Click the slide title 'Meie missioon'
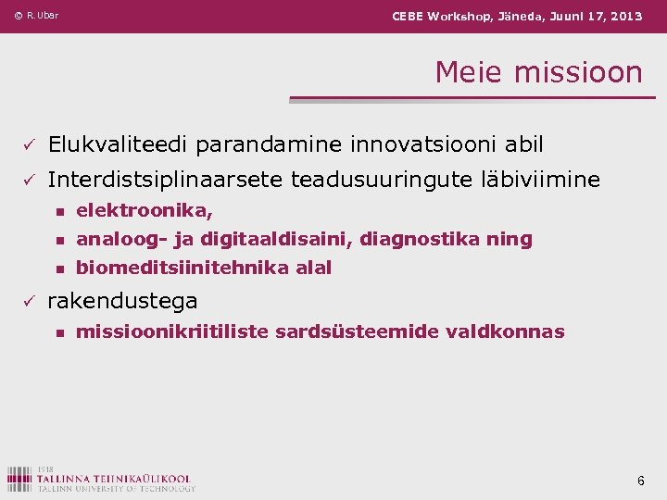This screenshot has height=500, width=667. [x=538, y=72]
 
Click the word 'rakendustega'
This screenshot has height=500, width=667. [x=122, y=301]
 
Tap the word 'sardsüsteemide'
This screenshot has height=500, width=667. [x=342, y=331]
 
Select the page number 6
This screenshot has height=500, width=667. [x=640, y=481]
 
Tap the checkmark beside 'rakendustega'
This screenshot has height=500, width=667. [x=29, y=301]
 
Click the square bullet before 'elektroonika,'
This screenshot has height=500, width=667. [x=59, y=212]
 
